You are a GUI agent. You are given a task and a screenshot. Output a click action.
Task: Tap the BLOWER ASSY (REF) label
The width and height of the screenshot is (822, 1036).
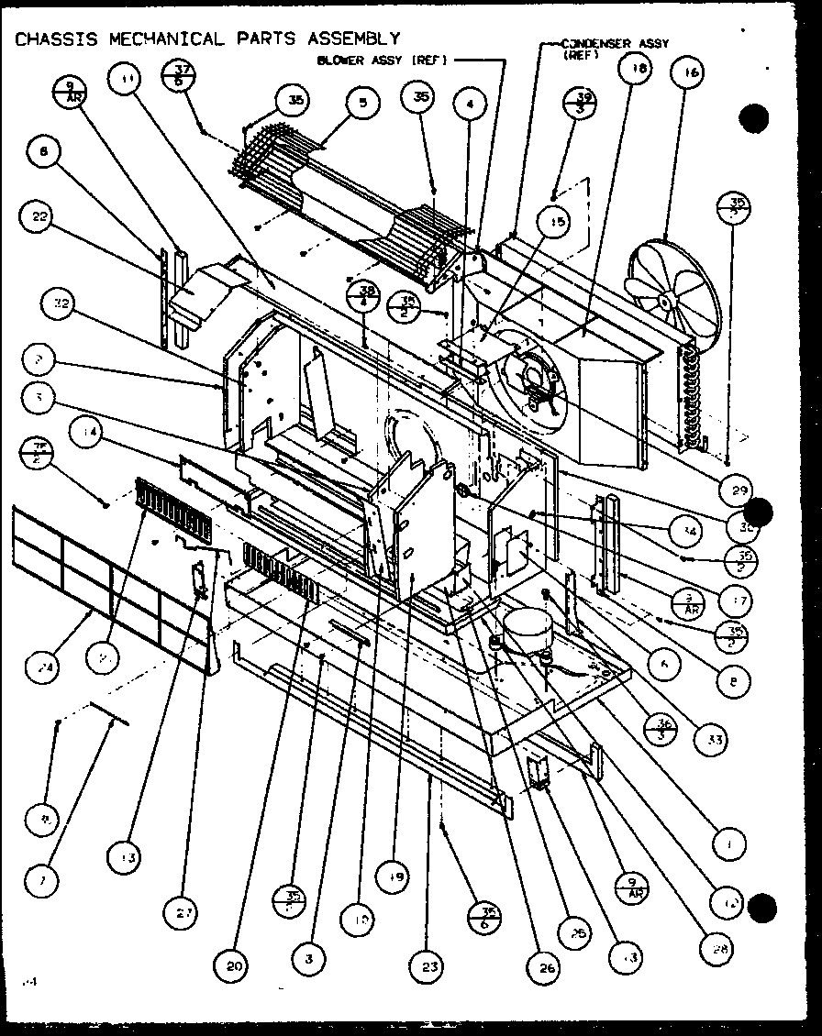[x=381, y=61]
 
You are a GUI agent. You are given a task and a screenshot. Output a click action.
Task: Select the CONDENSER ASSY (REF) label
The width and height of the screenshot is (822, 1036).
[x=615, y=47]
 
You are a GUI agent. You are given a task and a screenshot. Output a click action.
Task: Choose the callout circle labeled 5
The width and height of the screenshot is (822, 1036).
[x=362, y=104]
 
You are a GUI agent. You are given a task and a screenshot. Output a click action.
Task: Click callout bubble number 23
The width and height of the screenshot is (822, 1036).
[x=430, y=965]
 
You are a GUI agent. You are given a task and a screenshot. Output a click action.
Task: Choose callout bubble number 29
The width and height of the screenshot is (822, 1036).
[x=737, y=490]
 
